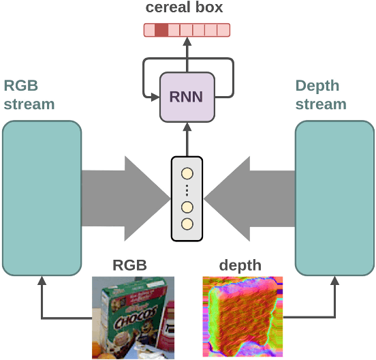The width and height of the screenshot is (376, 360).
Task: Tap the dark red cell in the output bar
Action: (x=161, y=30)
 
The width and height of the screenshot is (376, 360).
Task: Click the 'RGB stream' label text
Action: (x=29, y=95)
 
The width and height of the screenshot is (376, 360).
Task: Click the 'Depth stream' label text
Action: (x=321, y=95)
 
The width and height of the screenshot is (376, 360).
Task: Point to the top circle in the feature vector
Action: (x=187, y=173)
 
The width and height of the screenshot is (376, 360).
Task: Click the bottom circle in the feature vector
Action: (x=187, y=224)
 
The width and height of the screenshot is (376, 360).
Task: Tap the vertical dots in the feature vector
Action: (x=187, y=191)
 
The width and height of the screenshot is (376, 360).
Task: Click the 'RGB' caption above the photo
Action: (x=129, y=265)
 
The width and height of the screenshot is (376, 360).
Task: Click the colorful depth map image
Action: (x=242, y=316)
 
